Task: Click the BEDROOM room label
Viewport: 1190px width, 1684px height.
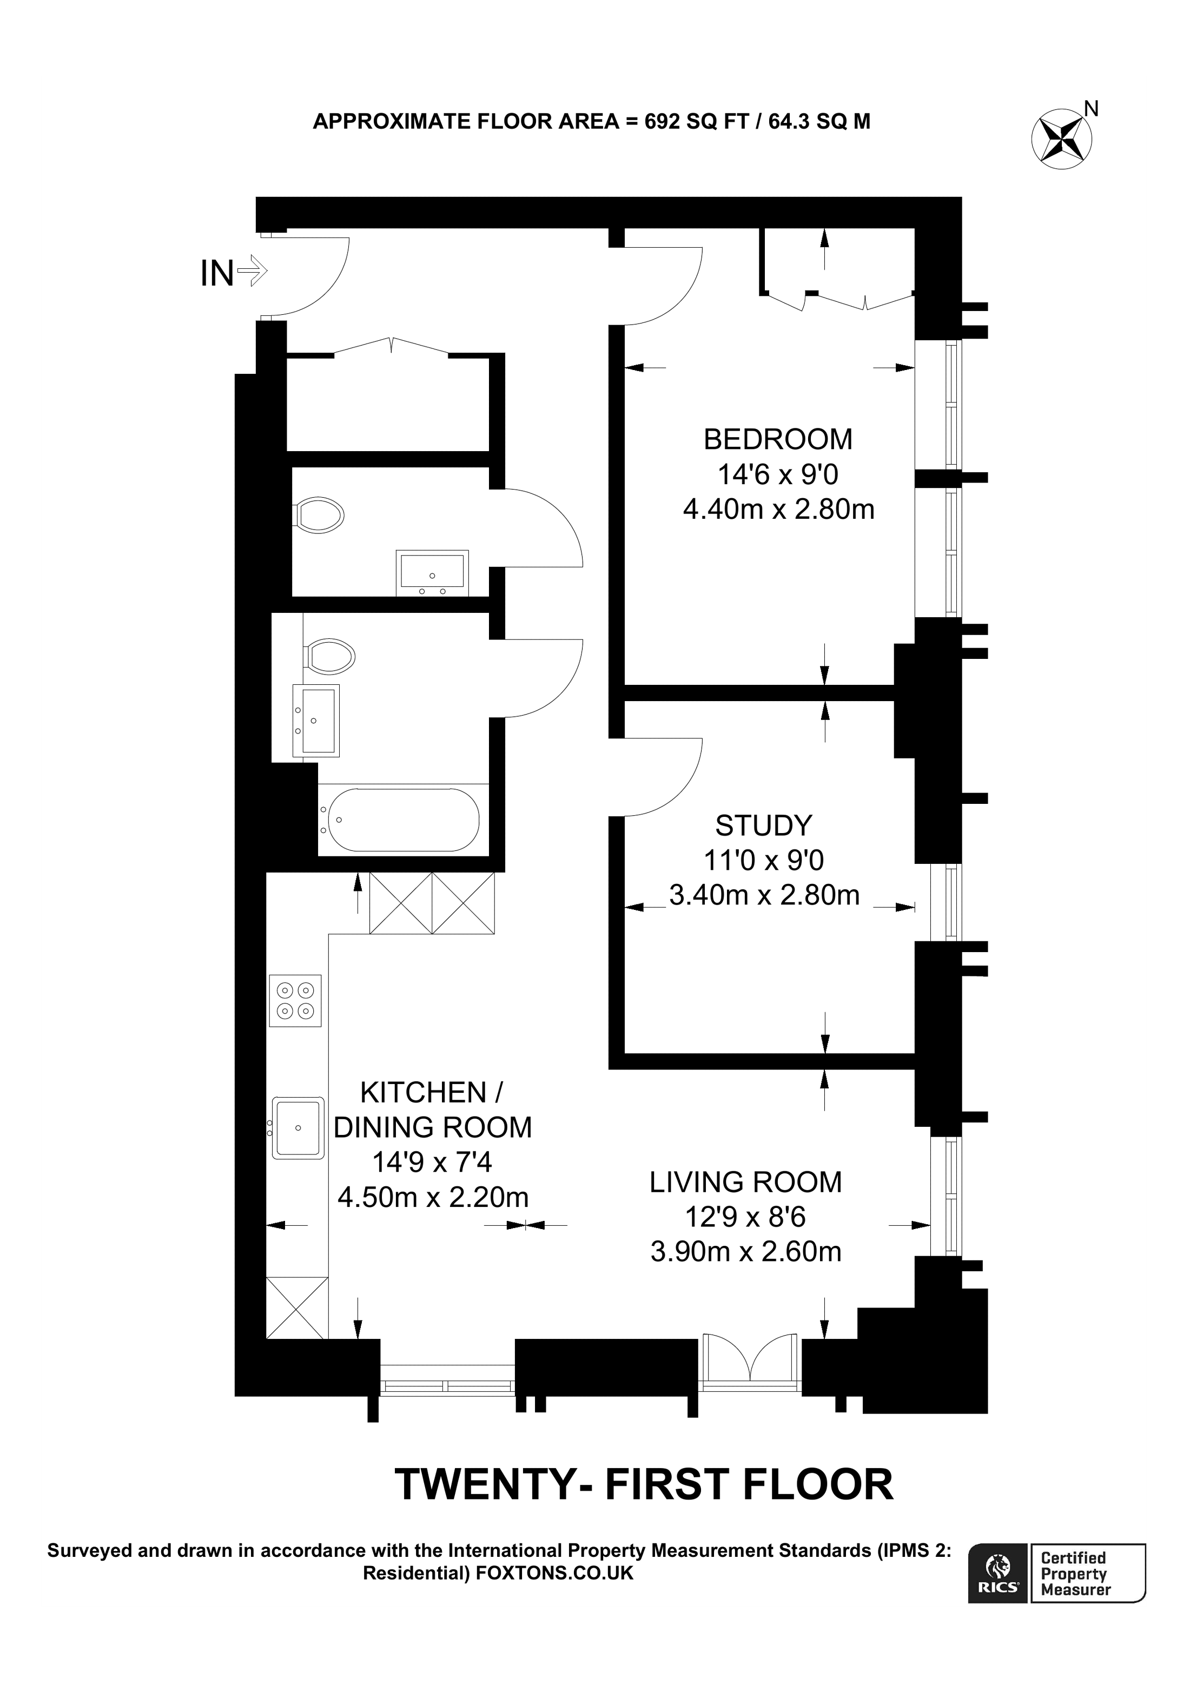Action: pyautogui.click(x=777, y=439)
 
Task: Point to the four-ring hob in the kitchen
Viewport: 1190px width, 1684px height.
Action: pyautogui.click(x=295, y=1000)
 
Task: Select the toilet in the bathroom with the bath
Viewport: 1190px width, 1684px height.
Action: pyautogui.click(x=330, y=655)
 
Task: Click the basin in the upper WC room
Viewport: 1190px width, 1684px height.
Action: pyautogui.click(x=432, y=573)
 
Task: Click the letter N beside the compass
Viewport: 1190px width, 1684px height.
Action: pyautogui.click(x=1091, y=109)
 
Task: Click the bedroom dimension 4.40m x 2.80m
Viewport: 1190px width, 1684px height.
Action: pyautogui.click(x=778, y=509)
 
